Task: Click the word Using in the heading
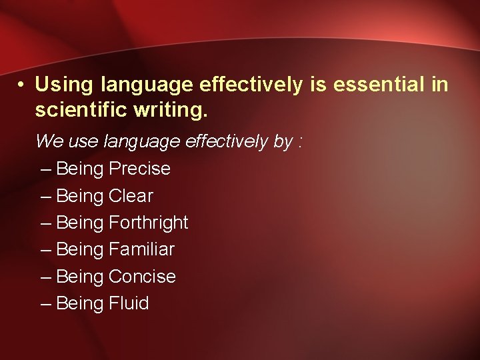[x=64, y=85]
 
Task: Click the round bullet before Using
[x=22, y=85]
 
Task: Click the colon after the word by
[x=301, y=142]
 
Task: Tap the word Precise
[x=139, y=169]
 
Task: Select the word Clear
[x=131, y=196]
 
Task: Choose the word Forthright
[x=148, y=223]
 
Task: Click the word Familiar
[x=141, y=249]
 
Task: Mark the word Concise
[x=142, y=276]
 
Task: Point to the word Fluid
[x=129, y=303]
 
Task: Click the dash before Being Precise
[x=45, y=169]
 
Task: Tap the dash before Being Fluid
[x=45, y=304]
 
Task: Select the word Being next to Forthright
[x=80, y=223]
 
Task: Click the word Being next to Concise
[x=80, y=277]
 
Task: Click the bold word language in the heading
[x=147, y=85]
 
